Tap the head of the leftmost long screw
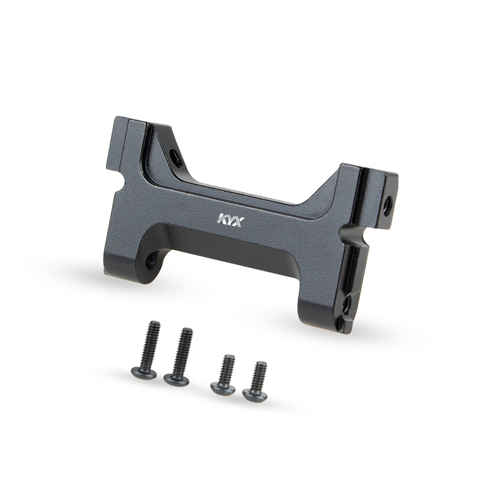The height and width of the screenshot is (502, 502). pyautogui.click(x=144, y=373)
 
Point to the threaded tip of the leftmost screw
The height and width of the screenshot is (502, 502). pyautogui.click(x=154, y=323)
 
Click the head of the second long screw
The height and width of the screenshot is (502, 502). pyautogui.click(x=176, y=380)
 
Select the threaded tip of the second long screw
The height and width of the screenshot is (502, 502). pyautogui.click(x=187, y=331)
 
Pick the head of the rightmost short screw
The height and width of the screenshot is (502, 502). pyautogui.click(x=255, y=395)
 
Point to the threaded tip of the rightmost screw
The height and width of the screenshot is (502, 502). pyautogui.click(x=261, y=365)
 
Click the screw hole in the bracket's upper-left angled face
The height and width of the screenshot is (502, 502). pyautogui.click(x=176, y=157)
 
